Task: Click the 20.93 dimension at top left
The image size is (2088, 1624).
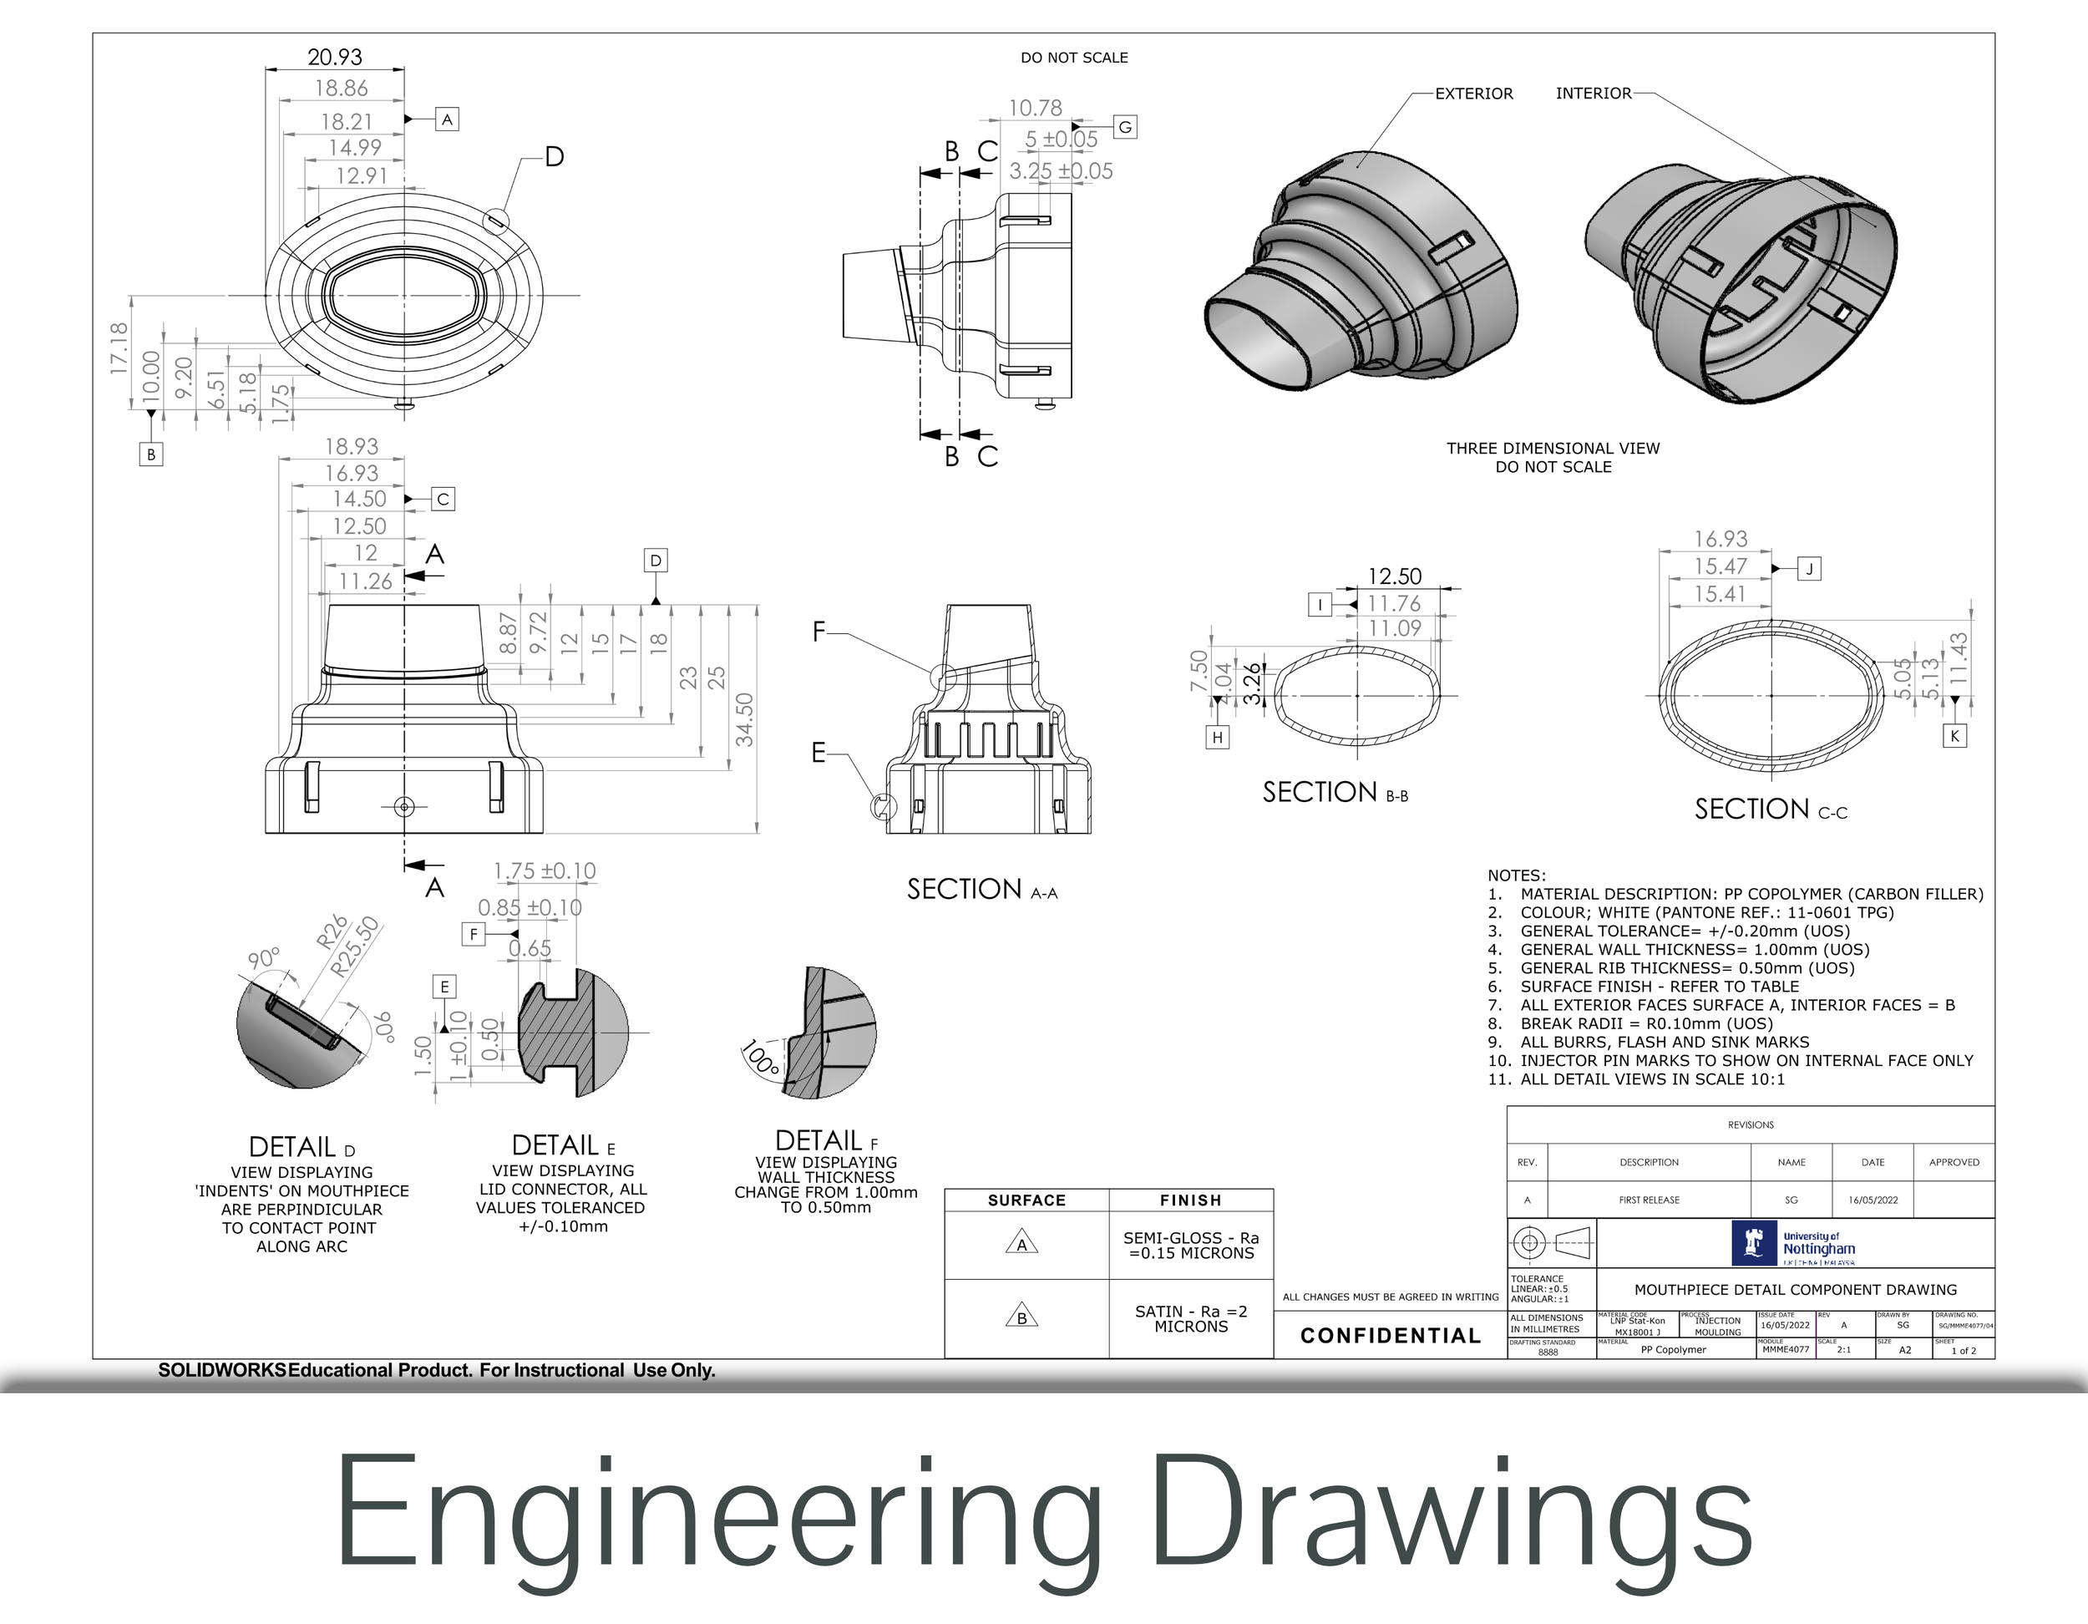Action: [x=335, y=57]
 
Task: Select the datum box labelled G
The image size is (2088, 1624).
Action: [x=1125, y=127]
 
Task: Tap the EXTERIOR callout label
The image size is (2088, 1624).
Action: [x=1473, y=94]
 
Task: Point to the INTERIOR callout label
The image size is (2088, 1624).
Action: [x=1593, y=93]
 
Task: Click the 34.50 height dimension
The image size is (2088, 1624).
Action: [x=745, y=719]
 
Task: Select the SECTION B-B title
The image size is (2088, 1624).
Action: [x=1335, y=792]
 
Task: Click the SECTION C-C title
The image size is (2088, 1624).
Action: [x=1770, y=809]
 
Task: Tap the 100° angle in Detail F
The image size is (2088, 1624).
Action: [x=761, y=1058]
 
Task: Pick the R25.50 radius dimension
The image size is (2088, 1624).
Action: [x=355, y=946]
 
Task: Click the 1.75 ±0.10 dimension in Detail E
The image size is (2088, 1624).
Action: [x=544, y=871]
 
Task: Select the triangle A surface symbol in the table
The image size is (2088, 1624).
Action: [x=1022, y=1244]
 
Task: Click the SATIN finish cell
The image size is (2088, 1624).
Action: [x=1190, y=1318]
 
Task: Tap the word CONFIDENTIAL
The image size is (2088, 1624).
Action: [x=1390, y=1335]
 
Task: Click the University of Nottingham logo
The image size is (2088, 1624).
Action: [x=1793, y=1243]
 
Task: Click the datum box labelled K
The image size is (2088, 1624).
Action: [x=1955, y=735]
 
